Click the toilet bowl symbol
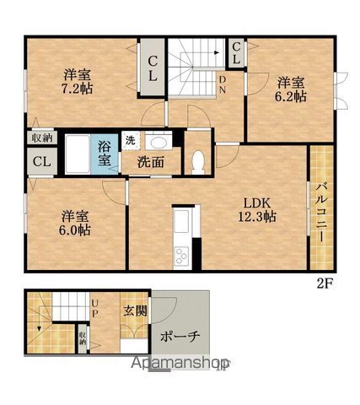pyautogui.click(x=198, y=161)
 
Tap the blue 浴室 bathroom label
pyautogui.click(x=104, y=154)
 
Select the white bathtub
pyautogui.click(x=78, y=154)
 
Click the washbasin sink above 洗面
pyautogui.click(x=158, y=143)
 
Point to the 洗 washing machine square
pyautogui.click(x=131, y=140)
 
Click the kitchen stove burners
pyautogui.click(x=181, y=256)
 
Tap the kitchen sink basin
pyautogui.click(x=181, y=222)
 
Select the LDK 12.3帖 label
pyautogui.click(x=257, y=210)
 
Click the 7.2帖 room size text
pyautogui.click(x=77, y=89)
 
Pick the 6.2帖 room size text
pyautogui.click(x=290, y=96)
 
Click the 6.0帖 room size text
pyautogui.click(x=75, y=230)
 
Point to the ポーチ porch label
pyautogui.click(x=180, y=337)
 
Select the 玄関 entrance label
pyautogui.click(x=135, y=310)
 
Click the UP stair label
pyautogui.click(x=94, y=309)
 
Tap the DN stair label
pyautogui.click(x=223, y=85)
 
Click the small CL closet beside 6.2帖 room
pyautogui.click(x=236, y=52)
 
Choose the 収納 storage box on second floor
pyautogui.click(x=42, y=138)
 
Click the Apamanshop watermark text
pyautogui.click(x=180, y=364)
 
